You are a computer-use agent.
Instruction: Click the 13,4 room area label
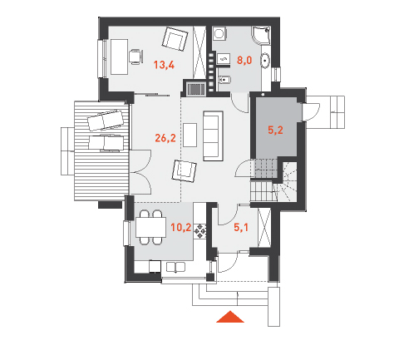[164, 65]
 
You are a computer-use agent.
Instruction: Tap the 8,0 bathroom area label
[244, 60]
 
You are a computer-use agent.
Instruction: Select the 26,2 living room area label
[165, 138]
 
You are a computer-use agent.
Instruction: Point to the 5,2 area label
[275, 130]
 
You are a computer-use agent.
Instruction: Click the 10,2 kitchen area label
[180, 228]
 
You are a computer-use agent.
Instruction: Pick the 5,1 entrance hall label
[241, 228]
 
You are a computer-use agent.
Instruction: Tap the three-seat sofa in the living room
[213, 136]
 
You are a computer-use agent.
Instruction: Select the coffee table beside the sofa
[190, 135]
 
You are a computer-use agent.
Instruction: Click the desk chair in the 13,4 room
[136, 57]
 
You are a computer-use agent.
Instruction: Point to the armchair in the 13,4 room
[175, 39]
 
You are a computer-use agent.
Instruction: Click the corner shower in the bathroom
[261, 35]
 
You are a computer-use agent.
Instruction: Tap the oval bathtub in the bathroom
[265, 61]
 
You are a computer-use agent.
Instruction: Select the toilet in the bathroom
[224, 81]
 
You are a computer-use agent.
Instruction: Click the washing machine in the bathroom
[220, 33]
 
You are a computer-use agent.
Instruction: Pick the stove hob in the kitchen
[199, 231]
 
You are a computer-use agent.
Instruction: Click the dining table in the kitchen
[151, 227]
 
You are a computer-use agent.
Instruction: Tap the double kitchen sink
[175, 267]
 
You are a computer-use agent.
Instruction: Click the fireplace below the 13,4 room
[196, 89]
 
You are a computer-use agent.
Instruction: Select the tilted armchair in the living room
[185, 171]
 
